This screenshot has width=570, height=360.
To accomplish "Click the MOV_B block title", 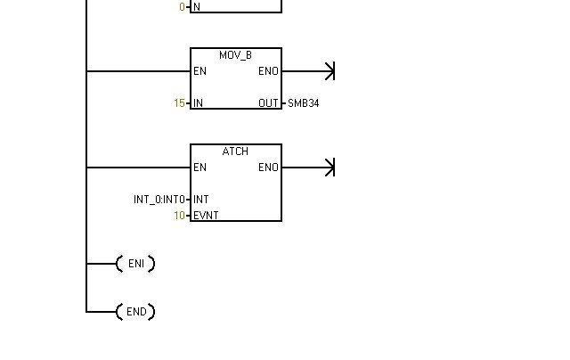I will pyautogui.click(x=235, y=55).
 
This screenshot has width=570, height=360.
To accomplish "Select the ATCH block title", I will pyautogui.click(x=235, y=151).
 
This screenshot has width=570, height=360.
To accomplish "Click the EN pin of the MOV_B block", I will pyautogui.click(x=199, y=71).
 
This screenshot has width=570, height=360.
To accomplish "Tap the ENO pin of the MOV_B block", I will pyautogui.click(x=268, y=71).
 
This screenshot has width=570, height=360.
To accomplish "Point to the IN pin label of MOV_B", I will pyautogui.click(x=198, y=103).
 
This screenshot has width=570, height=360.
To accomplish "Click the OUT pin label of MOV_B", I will pyautogui.click(x=268, y=103).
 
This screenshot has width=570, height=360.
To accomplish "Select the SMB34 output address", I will pyautogui.click(x=303, y=103).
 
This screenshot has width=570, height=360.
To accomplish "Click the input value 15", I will pyautogui.click(x=180, y=103).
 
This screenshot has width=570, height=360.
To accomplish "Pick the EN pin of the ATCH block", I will pyautogui.click(x=199, y=168).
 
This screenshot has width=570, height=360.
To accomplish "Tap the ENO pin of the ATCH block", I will pyautogui.click(x=268, y=168).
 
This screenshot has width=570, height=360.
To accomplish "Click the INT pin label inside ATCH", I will pyautogui.click(x=201, y=200).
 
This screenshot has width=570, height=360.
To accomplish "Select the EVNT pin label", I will pyautogui.click(x=206, y=216).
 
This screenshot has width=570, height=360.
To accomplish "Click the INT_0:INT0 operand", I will pyautogui.click(x=159, y=200).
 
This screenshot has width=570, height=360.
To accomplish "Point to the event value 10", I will pyautogui.click(x=180, y=216).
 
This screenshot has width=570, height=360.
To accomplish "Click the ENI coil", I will pyautogui.click(x=135, y=264).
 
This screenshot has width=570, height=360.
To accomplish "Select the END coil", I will pyautogui.click(x=135, y=312).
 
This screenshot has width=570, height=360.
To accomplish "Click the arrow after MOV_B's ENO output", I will pyautogui.click(x=329, y=71).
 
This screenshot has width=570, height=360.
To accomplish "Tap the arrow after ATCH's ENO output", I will pyautogui.click(x=329, y=168).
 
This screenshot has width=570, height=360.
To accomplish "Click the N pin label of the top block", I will pyautogui.click(x=197, y=7).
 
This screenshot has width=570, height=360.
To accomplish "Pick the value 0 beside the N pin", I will pyautogui.click(x=183, y=7).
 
